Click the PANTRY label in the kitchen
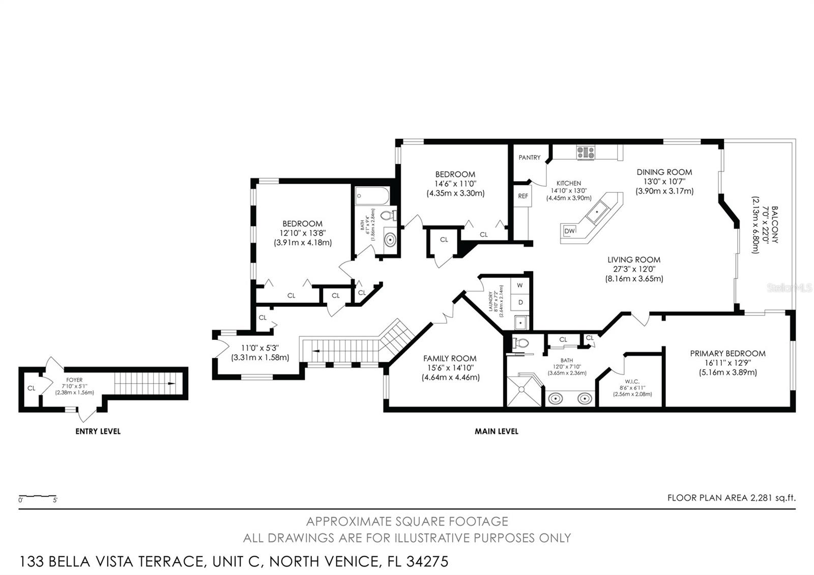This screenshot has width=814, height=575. (529, 158)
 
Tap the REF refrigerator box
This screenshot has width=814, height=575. (523, 196)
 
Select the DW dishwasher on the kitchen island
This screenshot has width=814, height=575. (569, 231)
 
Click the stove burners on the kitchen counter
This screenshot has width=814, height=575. (585, 152)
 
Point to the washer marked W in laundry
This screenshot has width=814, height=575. (520, 285)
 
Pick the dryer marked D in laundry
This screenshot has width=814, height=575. (520, 302)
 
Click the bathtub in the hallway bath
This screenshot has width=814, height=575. (372, 196)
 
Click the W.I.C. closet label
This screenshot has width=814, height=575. (632, 381)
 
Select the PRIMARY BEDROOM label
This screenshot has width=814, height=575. (728, 354)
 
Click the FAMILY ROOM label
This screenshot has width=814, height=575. (450, 359)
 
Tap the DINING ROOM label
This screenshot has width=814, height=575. (664, 172)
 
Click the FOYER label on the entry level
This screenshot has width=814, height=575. (74, 380)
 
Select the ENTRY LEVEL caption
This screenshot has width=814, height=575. (98, 432)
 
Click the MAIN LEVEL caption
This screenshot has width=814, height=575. (496, 432)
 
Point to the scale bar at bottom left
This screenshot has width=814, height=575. (38, 496)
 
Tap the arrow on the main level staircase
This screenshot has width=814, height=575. (316, 351)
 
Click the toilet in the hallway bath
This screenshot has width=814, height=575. (389, 215)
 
